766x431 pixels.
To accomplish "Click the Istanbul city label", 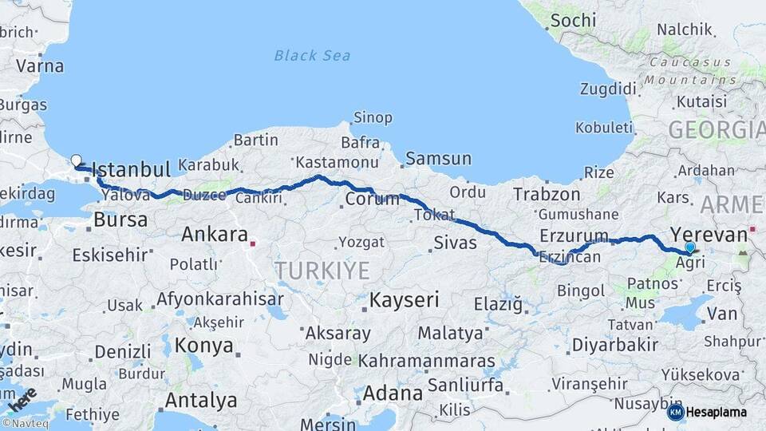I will coord(132,169).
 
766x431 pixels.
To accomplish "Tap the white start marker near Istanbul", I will coord(76,160).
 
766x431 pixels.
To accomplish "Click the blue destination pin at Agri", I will coord(690,248).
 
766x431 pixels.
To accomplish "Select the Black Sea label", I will coord(313,55).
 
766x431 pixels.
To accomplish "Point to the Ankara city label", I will coord(215,235).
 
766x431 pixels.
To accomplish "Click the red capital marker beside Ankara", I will coord(253,243).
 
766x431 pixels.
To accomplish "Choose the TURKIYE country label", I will coord(322,271).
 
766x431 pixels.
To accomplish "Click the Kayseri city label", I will coord(405,301).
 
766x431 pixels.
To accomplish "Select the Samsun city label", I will coord(438,159).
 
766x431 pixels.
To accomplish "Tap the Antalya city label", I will coord(200,400).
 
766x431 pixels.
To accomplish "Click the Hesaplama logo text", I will coord(717,412).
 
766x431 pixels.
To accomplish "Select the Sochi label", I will coord(573,20).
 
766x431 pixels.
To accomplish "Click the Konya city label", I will coord(204,346).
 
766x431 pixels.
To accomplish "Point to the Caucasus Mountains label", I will coord(692,70).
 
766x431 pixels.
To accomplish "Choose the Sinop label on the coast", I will coord(373,118).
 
